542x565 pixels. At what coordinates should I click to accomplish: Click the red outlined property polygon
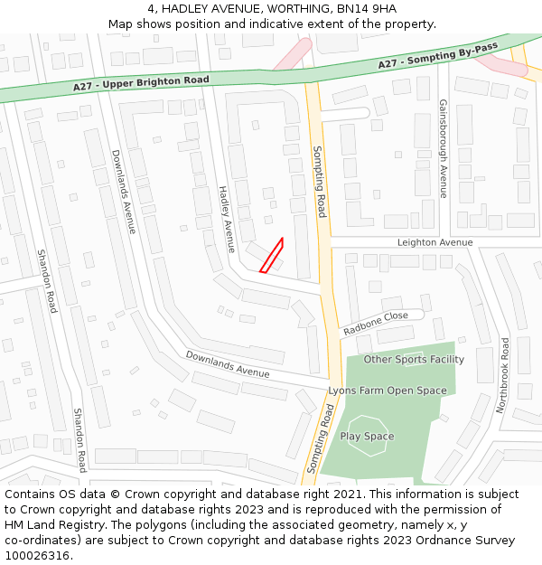click(x=272, y=255)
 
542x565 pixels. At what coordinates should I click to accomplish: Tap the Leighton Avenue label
click(x=435, y=242)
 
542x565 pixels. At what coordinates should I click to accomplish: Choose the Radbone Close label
click(x=376, y=323)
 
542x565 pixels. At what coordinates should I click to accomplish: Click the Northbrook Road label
click(x=503, y=375)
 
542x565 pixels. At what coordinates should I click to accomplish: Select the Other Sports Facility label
click(x=414, y=359)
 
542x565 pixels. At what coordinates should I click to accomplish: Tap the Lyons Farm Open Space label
click(x=387, y=391)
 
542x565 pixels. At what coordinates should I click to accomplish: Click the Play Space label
click(x=367, y=437)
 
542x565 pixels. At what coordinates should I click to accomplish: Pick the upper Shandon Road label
click(x=47, y=281)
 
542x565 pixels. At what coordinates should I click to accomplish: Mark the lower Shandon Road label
click(x=79, y=439)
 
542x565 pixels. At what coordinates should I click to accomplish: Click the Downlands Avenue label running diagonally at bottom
click(x=228, y=363)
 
